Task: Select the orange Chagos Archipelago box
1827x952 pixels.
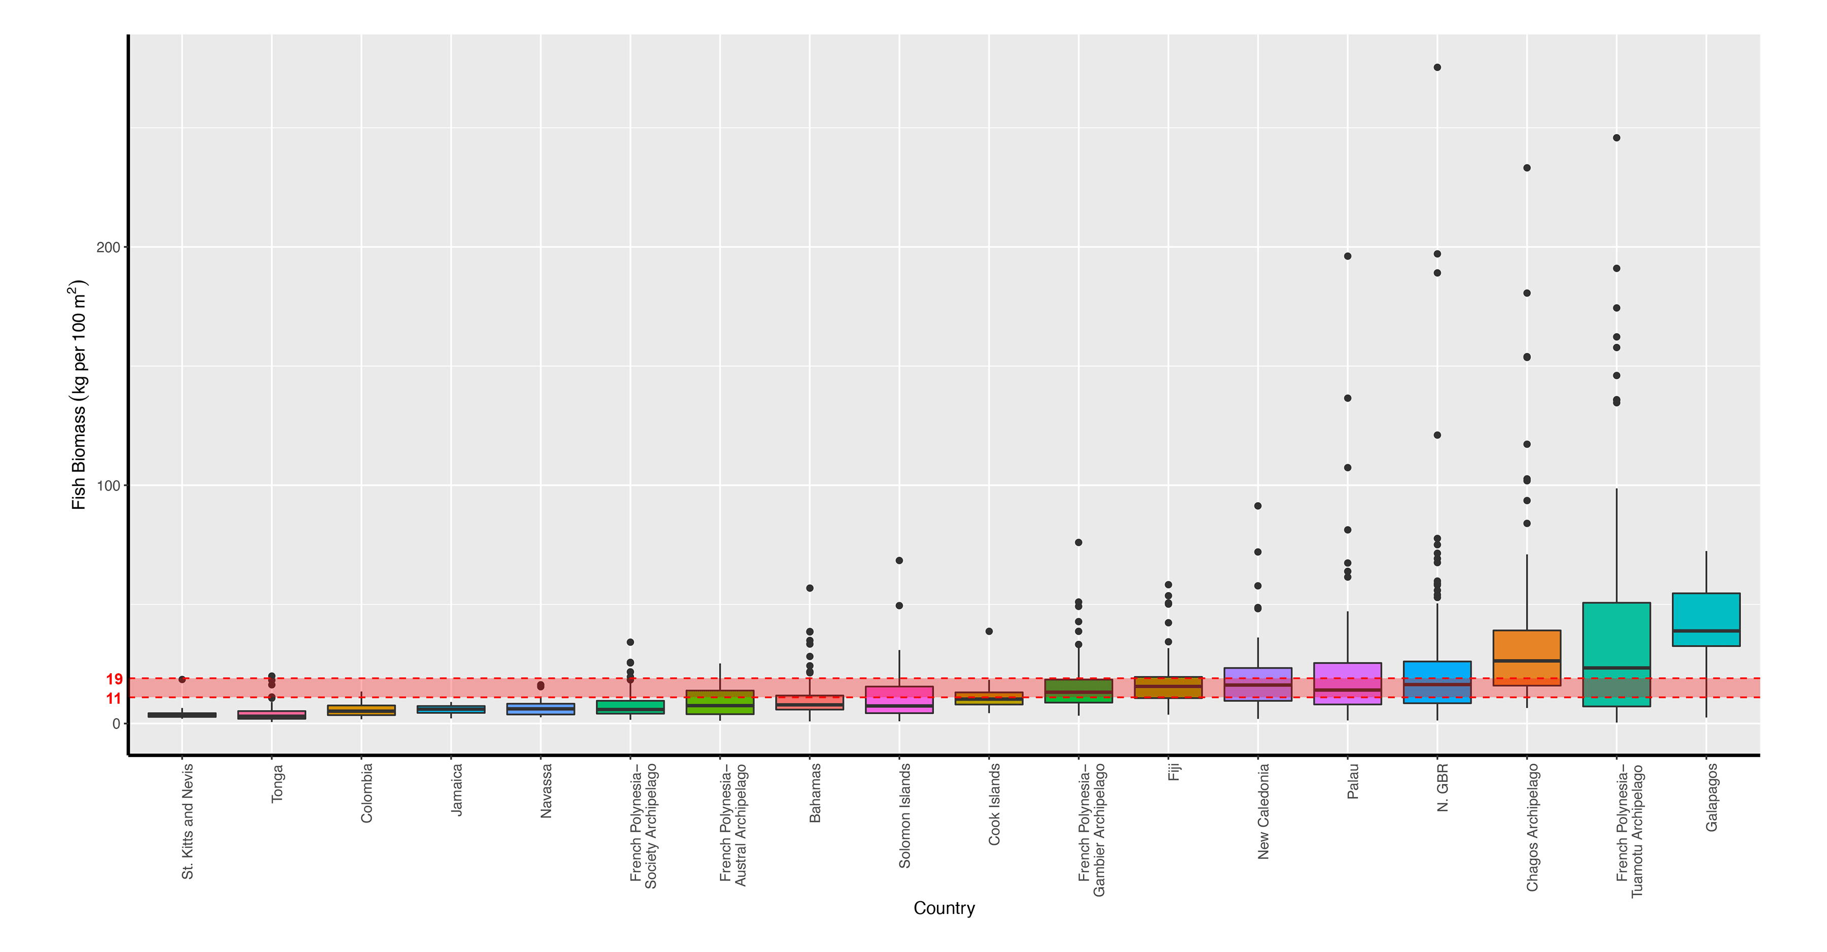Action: (x=1526, y=657)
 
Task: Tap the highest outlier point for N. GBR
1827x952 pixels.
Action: (x=1437, y=68)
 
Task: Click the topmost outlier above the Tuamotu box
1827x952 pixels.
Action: (x=1616, y=138)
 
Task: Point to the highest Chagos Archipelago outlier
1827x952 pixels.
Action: (x=1526, y=168)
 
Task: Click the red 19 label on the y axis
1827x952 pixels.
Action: (x=114, y=679)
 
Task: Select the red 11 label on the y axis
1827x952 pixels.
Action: (x=114, y=699)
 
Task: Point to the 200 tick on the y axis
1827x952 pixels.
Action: (x=108, y=247)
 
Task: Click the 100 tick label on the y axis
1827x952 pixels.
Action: (x=108, y=486)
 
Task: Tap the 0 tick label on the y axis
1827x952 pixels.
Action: (x=116, y=724)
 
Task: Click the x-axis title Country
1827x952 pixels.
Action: (x=943, y=908)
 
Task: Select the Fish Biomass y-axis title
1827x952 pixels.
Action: (x=78, y=395)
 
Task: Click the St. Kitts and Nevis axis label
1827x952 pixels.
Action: (x=187, y=821)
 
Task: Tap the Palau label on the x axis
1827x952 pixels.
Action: (x=1353, y=781)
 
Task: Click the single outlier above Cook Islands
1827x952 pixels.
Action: (x=989, y=631)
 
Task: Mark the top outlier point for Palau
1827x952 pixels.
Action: (x=1347, y=256)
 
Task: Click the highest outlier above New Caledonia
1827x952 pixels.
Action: (x=1258, y=506)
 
